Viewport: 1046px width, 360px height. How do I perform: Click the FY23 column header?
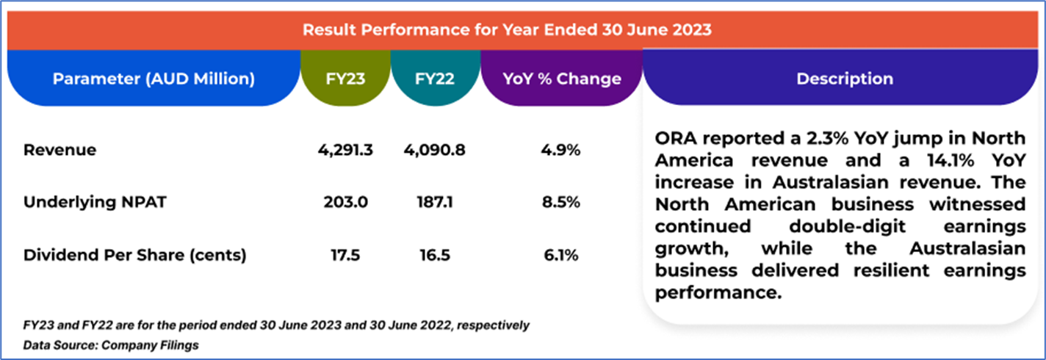[345, 79]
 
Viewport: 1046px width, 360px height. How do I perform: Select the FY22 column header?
[435, 79]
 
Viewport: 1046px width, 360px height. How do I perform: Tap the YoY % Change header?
[562, 79]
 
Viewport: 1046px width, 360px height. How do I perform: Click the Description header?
[845, 79]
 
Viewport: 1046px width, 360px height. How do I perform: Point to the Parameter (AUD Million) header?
[154, 79]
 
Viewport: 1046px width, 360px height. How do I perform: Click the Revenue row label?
[60, 151]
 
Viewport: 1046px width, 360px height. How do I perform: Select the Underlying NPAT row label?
[95, 203]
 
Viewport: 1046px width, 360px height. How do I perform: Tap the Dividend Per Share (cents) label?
[135, 255]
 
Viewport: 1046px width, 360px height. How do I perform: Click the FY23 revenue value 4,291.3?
[345, 151]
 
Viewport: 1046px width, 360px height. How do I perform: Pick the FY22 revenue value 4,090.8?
[434, 151]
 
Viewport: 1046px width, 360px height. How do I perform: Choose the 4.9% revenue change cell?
[562, 151]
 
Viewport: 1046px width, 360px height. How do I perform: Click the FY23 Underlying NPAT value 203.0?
[345, 203]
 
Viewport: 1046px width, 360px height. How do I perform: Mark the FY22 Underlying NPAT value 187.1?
[434, 203]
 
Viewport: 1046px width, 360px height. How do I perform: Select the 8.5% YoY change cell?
[562, 203]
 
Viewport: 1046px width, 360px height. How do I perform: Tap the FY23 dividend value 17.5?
[345, 255]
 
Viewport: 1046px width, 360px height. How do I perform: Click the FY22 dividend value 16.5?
[434, 255]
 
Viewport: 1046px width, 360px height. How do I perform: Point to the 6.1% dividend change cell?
[562, 255]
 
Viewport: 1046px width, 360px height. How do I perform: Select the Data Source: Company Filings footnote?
[111, 345]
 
